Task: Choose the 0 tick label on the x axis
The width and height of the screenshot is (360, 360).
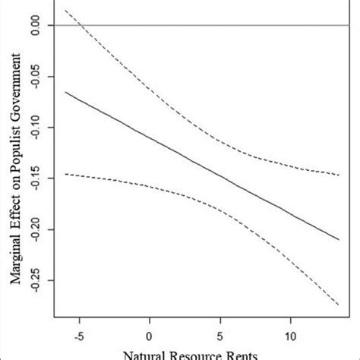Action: [150, 336]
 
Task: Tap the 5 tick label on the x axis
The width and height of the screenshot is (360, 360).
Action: [220, 336]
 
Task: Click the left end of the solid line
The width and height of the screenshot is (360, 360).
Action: [65, 92]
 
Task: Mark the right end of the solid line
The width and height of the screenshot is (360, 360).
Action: [339, 239]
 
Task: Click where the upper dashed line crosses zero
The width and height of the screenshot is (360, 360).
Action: [78, 26]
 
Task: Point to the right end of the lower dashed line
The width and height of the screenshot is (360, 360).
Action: [339, 305]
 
